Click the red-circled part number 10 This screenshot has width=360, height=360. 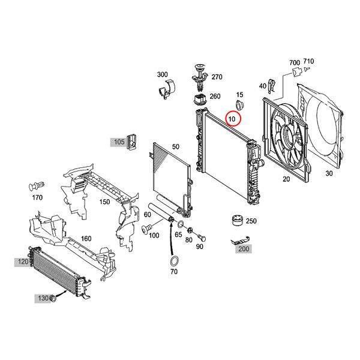pos(232,119)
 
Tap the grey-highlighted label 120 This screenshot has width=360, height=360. pos(23,262)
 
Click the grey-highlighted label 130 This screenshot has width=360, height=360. pos(43,298)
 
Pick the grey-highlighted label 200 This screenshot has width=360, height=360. pos(242,248)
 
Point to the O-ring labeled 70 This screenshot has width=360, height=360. pos(173,262)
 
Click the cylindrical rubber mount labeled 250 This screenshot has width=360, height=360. pos(237,221)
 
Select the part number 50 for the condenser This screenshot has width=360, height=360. pos(176,146)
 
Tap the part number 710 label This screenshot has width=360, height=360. pos(308,61)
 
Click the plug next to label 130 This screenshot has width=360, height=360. pos(53,298)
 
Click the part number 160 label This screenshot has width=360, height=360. pos(86,238)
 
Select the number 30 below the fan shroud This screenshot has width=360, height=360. pos(328,173)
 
